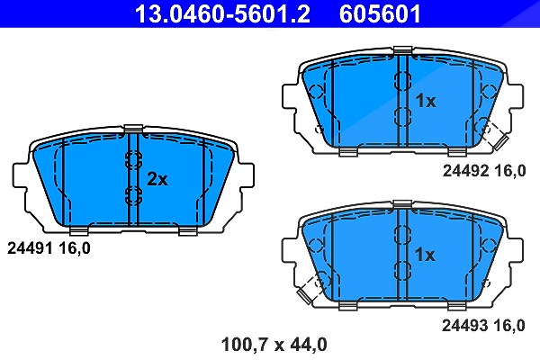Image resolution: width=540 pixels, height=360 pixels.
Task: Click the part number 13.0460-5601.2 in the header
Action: click(222, 13)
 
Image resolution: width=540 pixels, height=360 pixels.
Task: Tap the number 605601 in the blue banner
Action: click(380, 13)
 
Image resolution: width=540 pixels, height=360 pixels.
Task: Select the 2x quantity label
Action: click(157, 179)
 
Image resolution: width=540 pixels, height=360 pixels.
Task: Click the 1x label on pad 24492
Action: click(426, 101)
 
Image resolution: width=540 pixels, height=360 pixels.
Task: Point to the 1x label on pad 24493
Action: click(425, 255)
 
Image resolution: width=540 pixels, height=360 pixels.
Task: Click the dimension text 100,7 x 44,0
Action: click(274, 345)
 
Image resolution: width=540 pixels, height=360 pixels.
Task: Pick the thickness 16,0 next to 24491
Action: click(74, 248)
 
